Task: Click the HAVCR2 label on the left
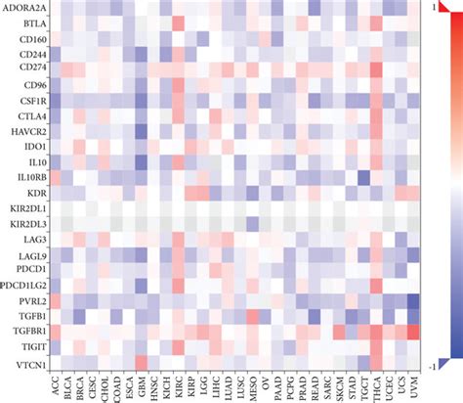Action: click(x=25, y=130)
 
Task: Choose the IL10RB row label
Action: click(x=27, y=177)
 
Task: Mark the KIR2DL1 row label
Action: click(x=26, y=208)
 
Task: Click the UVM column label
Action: click(x=411, y=385)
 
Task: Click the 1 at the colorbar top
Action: click(x=444, y=7)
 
